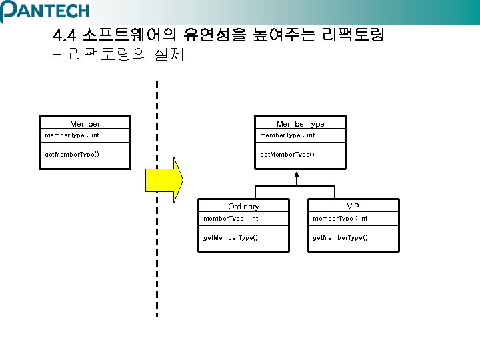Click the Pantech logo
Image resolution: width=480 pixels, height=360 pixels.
45,11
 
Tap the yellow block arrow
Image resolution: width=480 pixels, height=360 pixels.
164,180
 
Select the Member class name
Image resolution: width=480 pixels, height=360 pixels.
85,124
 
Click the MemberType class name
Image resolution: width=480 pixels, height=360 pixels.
300,124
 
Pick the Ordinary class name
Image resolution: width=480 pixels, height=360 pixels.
244,207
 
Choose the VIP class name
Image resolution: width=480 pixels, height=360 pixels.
353,206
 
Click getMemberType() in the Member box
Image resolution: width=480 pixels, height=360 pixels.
72,154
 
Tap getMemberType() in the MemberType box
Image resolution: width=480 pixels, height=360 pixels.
287,154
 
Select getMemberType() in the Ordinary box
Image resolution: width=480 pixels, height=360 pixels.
231,237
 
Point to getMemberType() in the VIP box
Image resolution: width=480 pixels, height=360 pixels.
340,237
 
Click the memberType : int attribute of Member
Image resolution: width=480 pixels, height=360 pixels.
72,135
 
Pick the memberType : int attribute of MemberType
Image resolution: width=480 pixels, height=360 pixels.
287,135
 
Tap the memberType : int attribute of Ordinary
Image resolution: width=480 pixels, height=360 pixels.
231,218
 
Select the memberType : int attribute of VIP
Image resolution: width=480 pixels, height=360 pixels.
340,218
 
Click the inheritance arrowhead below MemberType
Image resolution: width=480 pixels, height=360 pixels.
296,175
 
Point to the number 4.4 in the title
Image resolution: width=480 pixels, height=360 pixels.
65,35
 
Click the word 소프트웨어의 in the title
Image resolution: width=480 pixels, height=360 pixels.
129,34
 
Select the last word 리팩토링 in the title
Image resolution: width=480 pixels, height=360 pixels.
353,34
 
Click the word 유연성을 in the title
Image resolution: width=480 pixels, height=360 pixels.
215,34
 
